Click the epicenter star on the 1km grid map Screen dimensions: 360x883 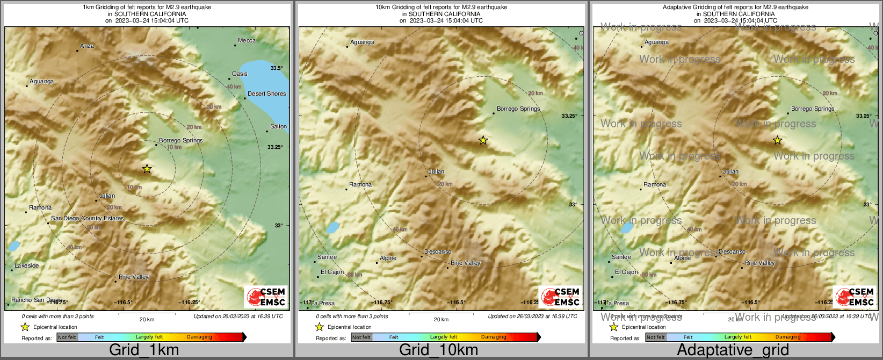point(147,169)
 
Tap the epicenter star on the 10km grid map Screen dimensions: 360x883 point(483,140)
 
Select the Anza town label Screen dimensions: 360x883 point(87,46)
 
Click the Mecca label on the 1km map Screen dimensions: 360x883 point(247,40)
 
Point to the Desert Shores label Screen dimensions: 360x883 point(266,93)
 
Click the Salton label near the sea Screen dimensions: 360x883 point(278,126)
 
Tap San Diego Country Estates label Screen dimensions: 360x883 point(87,218)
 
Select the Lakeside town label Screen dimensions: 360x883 point(27,265)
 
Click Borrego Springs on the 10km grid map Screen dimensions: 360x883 point(518,109)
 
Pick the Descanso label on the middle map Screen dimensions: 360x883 point(438,251)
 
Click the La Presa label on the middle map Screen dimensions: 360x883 point(323,303)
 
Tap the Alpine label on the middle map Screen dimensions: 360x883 point(388,258)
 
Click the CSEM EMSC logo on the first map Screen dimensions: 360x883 point(266,297)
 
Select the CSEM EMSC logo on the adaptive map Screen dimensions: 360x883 point(855,297)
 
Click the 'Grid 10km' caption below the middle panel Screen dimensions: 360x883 point(438,350)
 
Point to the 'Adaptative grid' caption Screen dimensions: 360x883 point(733,350)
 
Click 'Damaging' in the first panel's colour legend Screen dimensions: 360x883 point(199,337)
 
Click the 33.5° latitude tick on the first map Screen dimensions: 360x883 point(277,68)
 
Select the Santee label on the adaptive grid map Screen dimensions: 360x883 point(621,257)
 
